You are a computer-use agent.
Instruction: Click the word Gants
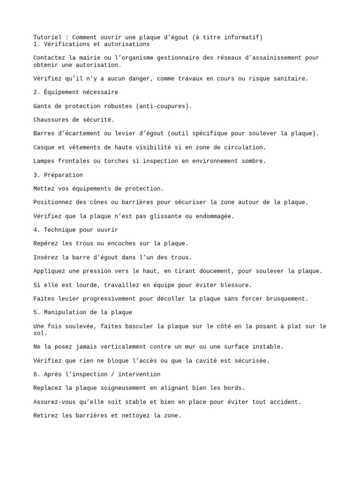pyautogui.click(x=42, y=106)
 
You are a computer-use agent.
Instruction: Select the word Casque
pyautogui.click(x=44, y=147)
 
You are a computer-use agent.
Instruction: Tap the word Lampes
pyautogui.click(x=44, y=161)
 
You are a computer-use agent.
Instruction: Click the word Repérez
pyautogui.click(x=46, y=243)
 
